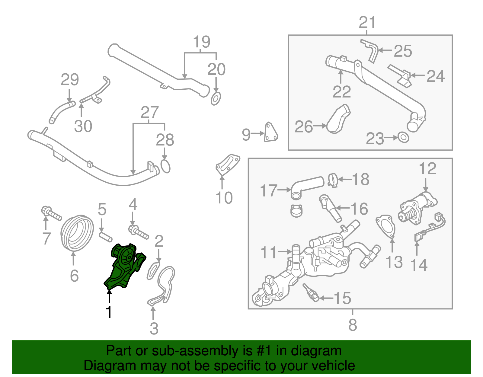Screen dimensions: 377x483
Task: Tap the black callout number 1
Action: (x=109, y=312)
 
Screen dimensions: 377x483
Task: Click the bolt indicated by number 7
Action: (x=51, y=213)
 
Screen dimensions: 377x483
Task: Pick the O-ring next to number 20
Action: (x=216, y=99)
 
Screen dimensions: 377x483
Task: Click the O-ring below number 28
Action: (x=165, y=166)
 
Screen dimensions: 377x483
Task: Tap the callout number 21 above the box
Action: (x=367, y=23)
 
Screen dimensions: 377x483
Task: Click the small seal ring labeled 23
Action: (x=403, y=137)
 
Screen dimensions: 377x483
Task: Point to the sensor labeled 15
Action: (x=311, y=293)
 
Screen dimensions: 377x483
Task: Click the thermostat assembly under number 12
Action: (x=417, y=208)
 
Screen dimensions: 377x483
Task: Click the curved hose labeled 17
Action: (x=306, y=187)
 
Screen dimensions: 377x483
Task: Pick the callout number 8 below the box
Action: (x=352, y=325)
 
